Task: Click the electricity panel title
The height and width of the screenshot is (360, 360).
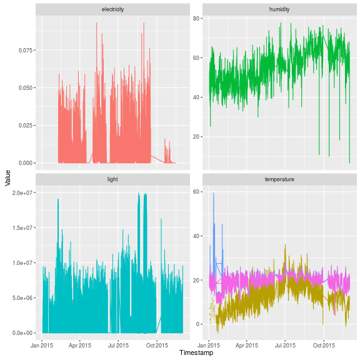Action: click(113, 9)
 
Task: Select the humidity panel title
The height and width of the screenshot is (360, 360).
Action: click(279, 9)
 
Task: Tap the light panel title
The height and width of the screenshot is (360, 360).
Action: click(113, 179)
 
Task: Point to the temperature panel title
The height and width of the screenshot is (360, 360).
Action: click(279, 179)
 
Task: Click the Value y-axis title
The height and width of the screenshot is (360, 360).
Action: click(7, 177)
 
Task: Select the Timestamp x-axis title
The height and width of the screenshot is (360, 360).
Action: click(196, 353)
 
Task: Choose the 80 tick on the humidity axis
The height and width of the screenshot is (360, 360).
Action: click(195, 18)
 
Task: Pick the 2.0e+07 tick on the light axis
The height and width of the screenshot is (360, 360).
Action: click(22, 192)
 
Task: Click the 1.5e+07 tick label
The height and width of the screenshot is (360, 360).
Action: click(22, 227)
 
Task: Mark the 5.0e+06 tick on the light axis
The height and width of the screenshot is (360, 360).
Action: click(22, 297)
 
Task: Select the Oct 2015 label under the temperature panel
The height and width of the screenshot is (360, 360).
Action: click(324, 344)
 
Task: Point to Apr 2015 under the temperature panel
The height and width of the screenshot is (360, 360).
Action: click(247, 344)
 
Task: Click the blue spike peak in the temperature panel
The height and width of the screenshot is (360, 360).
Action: click(214, 193)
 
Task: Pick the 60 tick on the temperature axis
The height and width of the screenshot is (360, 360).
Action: click(195, 192)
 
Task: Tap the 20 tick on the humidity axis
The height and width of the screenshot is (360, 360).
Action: click(195, 137)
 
